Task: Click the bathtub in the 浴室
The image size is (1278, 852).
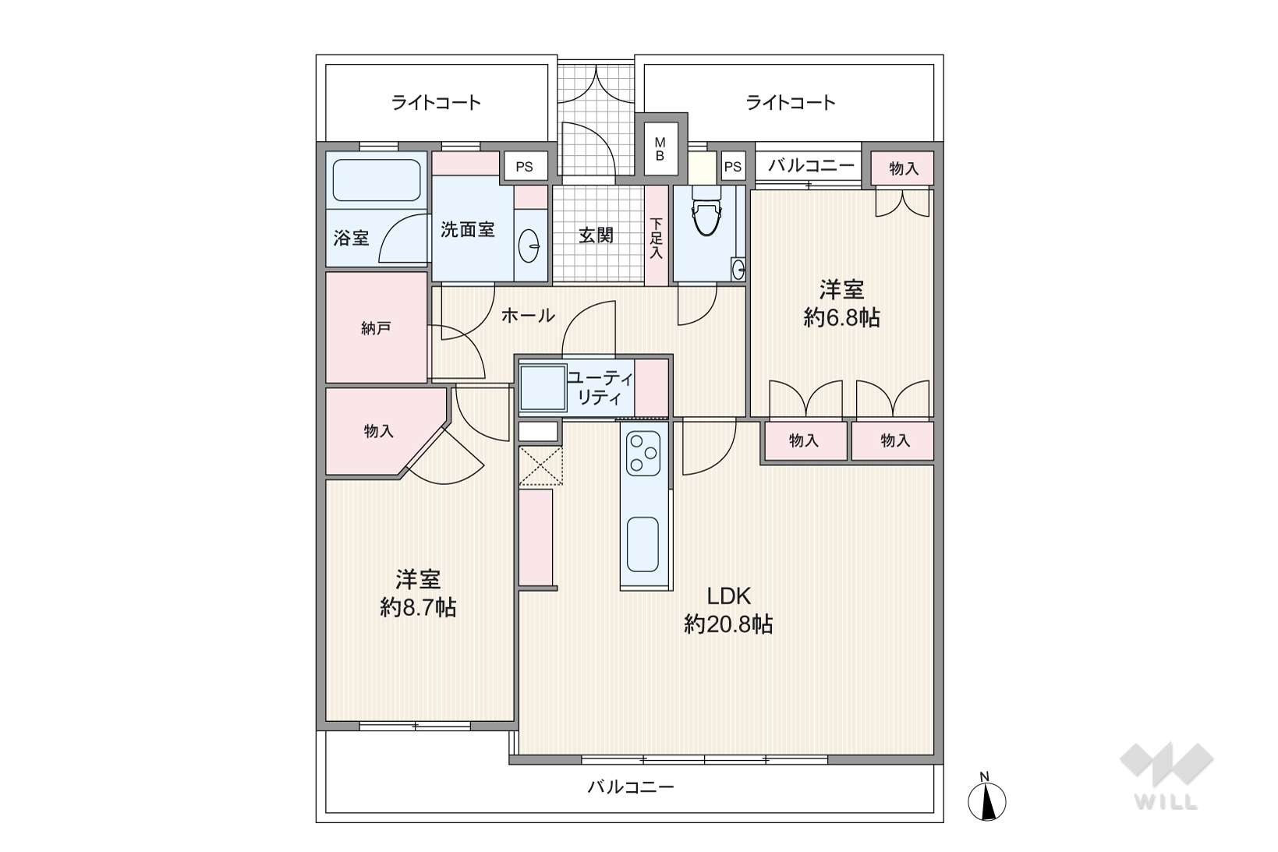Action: click(377, 180)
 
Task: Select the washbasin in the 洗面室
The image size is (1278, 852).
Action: click(529, 246)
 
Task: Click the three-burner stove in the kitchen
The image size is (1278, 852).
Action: click(643, 454)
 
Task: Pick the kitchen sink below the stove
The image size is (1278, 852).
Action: click(643, 544)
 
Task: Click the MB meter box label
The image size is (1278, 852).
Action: click(660, 148)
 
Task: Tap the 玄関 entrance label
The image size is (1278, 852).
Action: click(597, 235)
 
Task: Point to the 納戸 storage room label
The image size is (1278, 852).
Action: click(376, 328)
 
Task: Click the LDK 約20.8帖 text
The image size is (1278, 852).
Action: click(728, 610)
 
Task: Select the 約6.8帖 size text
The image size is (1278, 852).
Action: click(841, 317)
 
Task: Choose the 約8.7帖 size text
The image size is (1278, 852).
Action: click(418, 608)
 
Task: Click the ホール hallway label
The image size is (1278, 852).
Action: click(528, 316)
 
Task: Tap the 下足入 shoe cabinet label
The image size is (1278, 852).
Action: click(656, 239)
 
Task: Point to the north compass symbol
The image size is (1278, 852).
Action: click(987, 798)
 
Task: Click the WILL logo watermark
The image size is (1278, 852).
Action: click(1166, 776)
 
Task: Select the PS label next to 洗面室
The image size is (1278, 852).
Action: click(524, 167)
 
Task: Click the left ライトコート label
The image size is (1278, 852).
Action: click(437, 103)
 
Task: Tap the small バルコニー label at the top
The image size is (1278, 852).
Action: click(811, 165)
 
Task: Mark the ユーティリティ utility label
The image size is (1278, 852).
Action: click(600, 387)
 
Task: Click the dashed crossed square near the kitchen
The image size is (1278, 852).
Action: click(541, 466)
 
